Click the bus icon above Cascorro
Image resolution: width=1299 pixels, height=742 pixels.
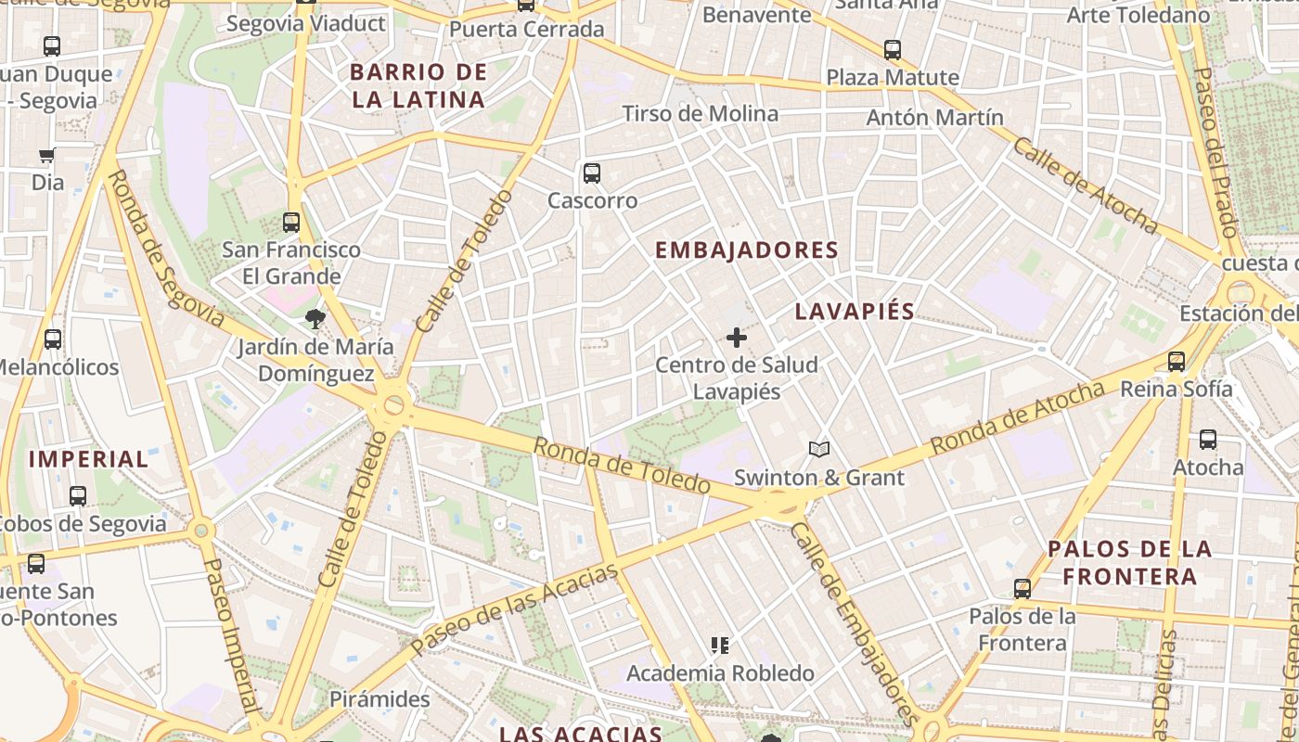coord(591,173)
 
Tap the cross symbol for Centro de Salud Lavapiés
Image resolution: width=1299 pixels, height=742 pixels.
coord(737,338)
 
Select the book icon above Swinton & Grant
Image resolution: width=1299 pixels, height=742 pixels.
coord(818,451)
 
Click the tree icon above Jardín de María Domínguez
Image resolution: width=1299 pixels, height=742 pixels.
coord(315,320)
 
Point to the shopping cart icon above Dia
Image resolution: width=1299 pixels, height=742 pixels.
coord(47,155)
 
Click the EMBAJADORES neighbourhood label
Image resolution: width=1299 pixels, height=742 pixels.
coord(747,250)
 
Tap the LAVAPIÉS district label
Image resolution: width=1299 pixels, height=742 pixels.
coord(855,312)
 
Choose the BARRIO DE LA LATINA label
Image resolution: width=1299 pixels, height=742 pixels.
coord(418,86)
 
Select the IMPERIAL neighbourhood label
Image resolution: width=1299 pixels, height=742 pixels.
coord(88,459)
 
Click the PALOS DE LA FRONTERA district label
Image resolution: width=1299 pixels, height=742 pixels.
coord(1130,562)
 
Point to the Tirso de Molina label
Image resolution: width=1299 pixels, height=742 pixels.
coord(701,114)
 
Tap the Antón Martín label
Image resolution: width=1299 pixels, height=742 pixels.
coord(934,118)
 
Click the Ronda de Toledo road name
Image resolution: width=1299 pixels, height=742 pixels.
coord(622,465)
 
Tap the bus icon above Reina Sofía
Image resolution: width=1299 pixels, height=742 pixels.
coord(1177,362)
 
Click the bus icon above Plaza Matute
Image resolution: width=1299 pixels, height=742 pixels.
coord(893,50)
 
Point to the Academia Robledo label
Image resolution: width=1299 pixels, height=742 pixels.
coord(721,673)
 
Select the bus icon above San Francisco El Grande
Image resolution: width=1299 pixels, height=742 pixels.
coord(291,223)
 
